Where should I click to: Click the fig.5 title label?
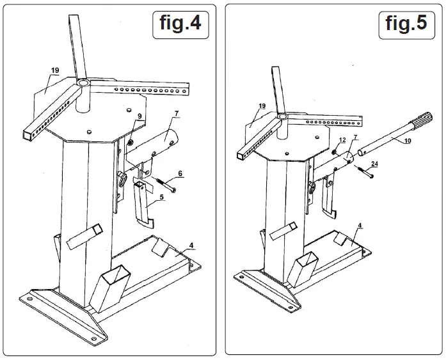tap(406, 24)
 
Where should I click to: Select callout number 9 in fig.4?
tap(139, 116)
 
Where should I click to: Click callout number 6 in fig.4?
tap(180, 173)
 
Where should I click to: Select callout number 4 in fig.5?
tap(361, 226)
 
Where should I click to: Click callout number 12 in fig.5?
tap(342, 139)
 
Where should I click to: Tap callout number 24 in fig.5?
tap(374, 164)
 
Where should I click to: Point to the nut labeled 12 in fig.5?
tap(335, 152)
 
